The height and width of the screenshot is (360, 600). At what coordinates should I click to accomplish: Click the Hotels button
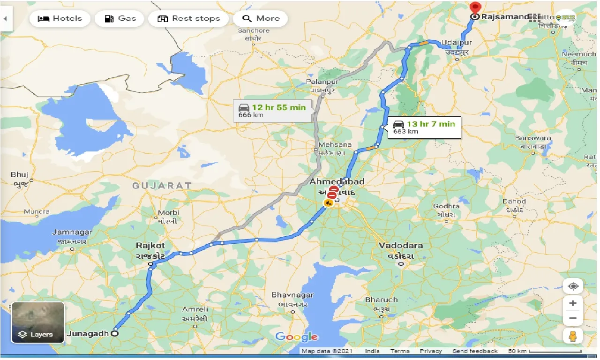(x=60, y=19)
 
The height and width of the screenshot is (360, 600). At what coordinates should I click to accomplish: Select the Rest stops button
(x=188, y=19)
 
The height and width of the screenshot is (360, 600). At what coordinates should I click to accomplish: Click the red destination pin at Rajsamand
(x=475, y=8)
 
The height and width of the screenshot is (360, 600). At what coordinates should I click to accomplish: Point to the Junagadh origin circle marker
(x=114, y=334)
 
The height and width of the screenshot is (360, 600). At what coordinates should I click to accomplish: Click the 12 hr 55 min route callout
(x=272, y=111)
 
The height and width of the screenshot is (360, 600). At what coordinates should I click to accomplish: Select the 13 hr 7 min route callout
(x=424, y=127)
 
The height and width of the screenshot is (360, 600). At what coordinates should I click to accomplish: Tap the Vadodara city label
(x=401, y=245)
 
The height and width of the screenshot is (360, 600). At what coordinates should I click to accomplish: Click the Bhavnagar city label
(x=292, y=295)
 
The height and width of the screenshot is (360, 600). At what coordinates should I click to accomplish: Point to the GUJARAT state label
(x=162, y=186)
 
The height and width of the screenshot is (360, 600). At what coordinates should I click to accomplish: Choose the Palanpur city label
(x=322, y=82)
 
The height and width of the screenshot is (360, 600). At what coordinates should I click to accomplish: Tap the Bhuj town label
(x=19, y=175)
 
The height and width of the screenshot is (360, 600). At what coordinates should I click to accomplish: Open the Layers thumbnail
(x=38, y=322)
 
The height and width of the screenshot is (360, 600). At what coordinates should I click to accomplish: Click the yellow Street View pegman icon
(x=572, y=336)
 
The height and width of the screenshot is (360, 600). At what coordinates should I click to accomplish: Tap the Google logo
(x=296, y=337)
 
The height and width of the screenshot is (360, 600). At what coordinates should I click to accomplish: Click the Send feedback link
(x=475, y=351)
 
